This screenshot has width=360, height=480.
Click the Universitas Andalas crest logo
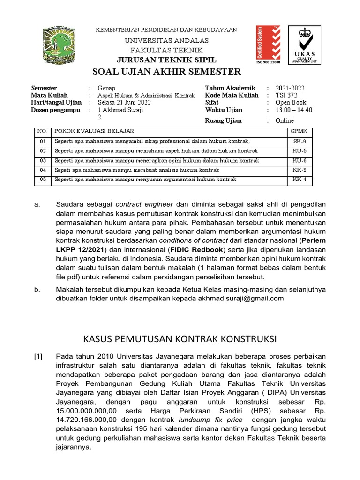[61, 46]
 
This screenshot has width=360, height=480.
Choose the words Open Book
[291, 103]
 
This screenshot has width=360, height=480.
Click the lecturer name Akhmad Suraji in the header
[122, 110]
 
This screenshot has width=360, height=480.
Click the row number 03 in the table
[43, 160]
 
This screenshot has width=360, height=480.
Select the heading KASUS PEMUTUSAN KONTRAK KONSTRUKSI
[180, 338]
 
